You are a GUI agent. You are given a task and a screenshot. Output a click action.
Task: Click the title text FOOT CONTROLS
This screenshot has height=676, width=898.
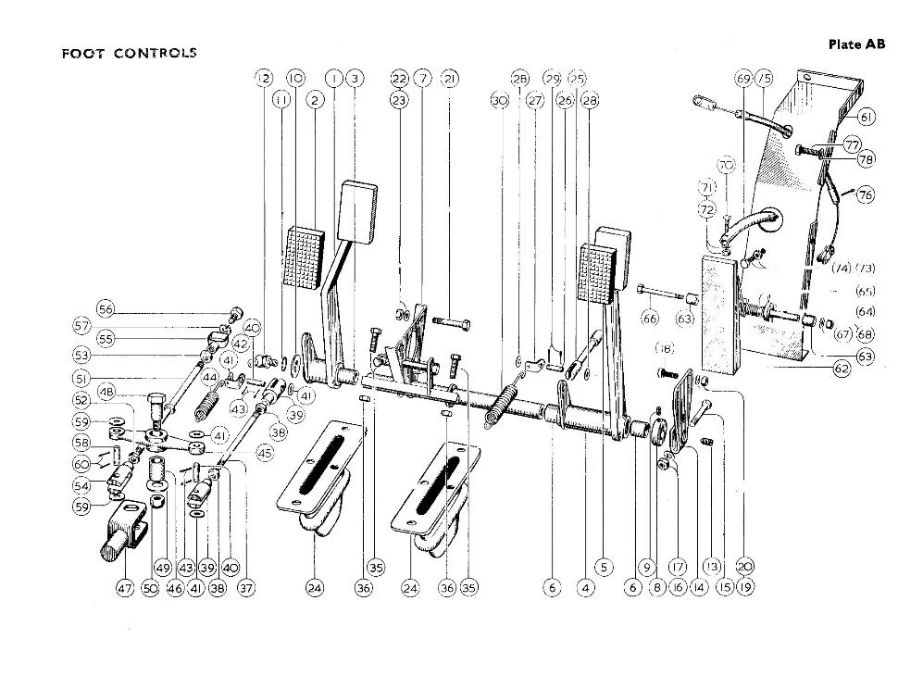(x=129, y=53)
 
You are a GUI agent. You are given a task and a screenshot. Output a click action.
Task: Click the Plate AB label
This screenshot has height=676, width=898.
(x=857, y=44)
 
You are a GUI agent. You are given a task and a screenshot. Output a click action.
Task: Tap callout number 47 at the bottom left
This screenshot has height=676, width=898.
(x=125, y=586)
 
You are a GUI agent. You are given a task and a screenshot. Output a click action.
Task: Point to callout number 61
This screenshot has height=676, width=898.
(x=866, y=117)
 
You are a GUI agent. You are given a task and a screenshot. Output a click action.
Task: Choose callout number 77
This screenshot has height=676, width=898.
(x=853, y=145)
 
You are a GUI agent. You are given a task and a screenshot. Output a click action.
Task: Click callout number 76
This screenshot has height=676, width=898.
(x=865, y=194)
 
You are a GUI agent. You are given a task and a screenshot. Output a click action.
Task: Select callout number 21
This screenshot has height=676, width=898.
(x=450, y=79)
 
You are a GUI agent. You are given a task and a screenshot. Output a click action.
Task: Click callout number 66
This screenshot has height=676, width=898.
(x=650, y=319)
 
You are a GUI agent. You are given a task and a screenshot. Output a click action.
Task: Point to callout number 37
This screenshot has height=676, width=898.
(x=245, y=586)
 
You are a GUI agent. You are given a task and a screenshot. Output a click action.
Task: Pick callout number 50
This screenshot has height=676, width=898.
(x=151, y=586)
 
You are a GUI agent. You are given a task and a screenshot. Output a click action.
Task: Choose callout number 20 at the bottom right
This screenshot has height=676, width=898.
(x=744, y=567)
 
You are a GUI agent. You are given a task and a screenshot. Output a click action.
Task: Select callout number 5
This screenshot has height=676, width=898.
(x=605, y=567)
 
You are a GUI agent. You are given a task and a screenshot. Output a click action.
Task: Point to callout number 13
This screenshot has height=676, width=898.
(x=711, y=567)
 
